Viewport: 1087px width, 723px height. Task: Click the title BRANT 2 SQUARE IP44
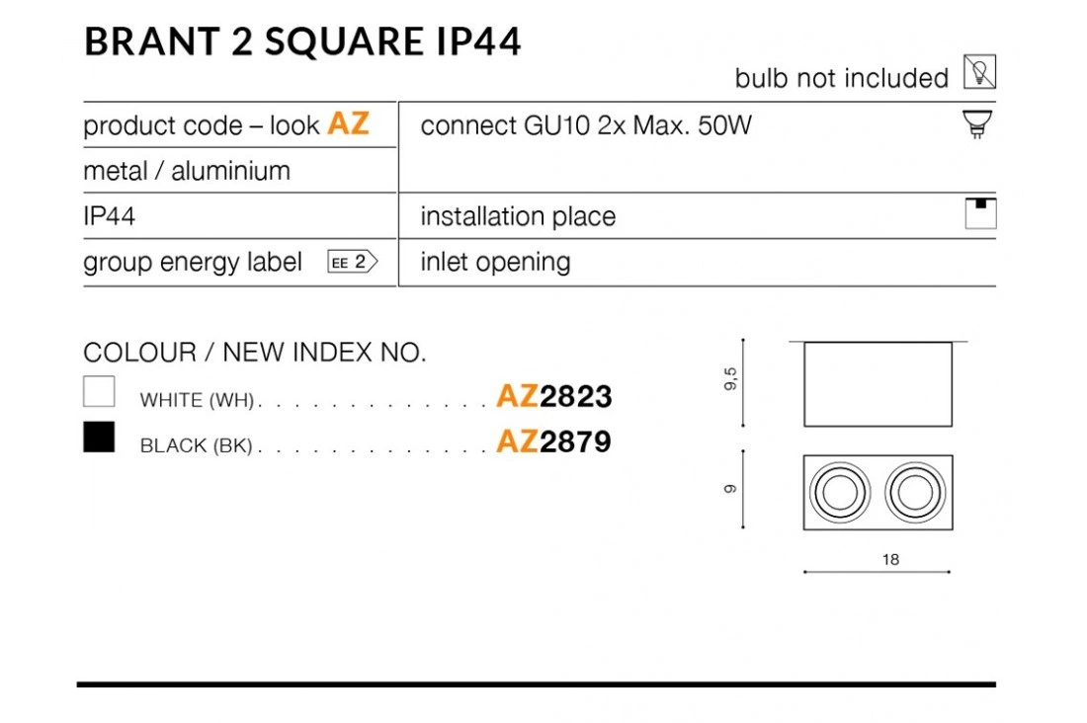point(302,40)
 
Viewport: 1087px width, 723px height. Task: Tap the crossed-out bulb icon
point(979,71)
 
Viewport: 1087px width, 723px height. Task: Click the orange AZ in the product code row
point(348,123)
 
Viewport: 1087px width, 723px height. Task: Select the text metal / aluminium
point(187,171)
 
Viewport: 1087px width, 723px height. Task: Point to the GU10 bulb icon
point(977,124)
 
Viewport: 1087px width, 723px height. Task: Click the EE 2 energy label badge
point(352,262)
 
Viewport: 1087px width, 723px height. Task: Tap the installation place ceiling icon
point(980,213)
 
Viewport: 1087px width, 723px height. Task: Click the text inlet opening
point(495,262)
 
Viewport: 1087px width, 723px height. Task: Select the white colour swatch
point(99,391)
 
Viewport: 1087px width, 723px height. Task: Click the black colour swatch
point(99,437)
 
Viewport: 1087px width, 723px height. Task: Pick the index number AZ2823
point(554,396)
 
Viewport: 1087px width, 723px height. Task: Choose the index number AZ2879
point(554,441)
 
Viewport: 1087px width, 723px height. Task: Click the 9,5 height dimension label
point(730,379)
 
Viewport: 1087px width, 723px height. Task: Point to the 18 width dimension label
point(890,559)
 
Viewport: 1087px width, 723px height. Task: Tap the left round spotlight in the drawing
point(840,492)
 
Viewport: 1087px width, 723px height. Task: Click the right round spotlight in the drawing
point(916,492)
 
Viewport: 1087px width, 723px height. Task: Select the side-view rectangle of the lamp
point(878,384)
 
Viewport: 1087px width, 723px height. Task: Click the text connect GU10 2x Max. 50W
point(586,125)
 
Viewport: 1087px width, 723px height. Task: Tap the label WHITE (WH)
point(197,400)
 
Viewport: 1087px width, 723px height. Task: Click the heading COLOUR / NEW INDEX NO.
point(254,353)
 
